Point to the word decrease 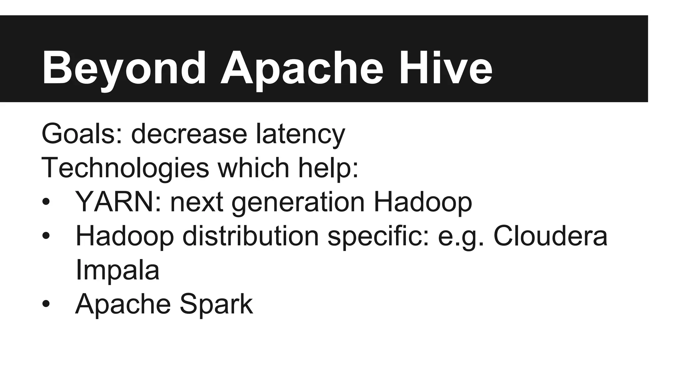pyautogui.click(x=189, y=134)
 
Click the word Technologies pyautogui.click(x=125, y=168)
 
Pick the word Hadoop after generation pyautogui.click(x=423, y=202)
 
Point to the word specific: pyautogui.click(x=378, y=236)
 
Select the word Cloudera pyautogui.click(x=550, y=236)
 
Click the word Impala pyautogui.click(x=117, y=270)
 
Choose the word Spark pyautogui.click(x=216, y=304)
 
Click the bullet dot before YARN pyautogui.click(x=46, y=202)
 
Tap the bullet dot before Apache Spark pyautogui.click(x=46, y=304)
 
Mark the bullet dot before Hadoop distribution pyautogui.click(x=46, y=236)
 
